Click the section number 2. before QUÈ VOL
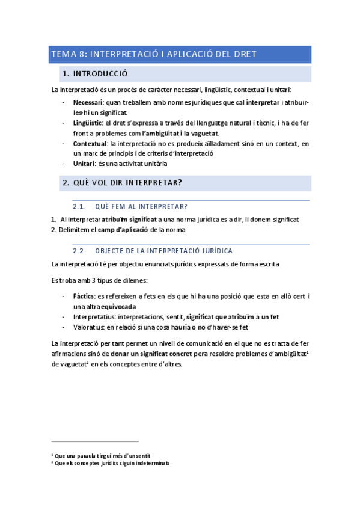pos(66,182)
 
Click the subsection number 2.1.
pos(79,206)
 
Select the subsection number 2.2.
pos(79,250)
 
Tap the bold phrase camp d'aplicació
pos(124,230)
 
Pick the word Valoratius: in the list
pos(90,327)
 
